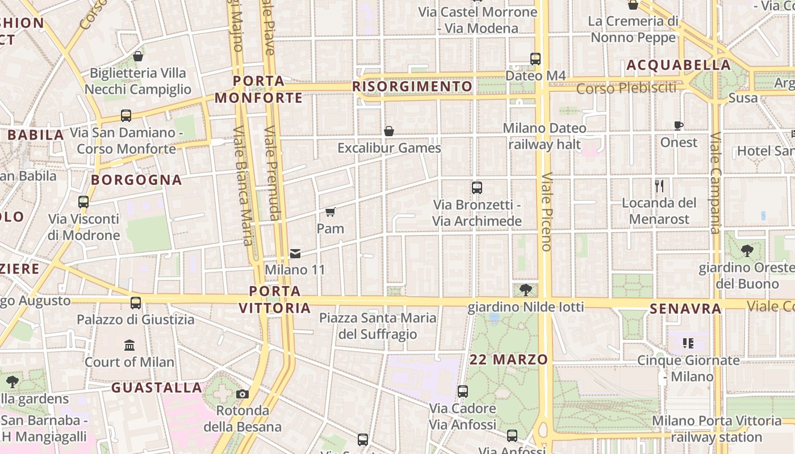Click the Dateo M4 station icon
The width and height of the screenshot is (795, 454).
tap(535, 58)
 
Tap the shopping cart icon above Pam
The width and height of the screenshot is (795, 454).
tap(330, 212)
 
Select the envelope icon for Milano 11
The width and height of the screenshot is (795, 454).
tap(295, 253)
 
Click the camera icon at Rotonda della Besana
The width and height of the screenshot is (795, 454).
tap(242, 394)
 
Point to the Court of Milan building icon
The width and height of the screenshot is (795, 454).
tap(129, 345)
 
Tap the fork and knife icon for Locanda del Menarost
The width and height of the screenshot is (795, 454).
tap(659, 186)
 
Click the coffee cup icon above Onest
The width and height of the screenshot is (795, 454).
tap(678, 125)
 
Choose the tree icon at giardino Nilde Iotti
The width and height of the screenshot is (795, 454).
tap(526, 290)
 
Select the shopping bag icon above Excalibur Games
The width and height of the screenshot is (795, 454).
tap(389, 131)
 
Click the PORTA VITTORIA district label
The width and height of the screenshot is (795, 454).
tap(275, 300)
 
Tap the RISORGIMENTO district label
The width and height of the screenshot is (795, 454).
tap(412, 86)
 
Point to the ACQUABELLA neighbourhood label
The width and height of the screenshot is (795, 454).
tap(679, 65)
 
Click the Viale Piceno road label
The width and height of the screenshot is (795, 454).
tap(546, 211)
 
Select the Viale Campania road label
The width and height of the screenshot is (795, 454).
tap(715, 183)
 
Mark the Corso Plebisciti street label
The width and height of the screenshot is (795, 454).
tap(626, 89)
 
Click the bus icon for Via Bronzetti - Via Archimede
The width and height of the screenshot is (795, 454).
tap(477, 187)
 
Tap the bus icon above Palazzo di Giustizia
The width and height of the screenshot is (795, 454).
tap(135, 303)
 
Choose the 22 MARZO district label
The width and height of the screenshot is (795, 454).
tap(509, 359)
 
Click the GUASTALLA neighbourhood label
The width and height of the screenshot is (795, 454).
tap(157, 388)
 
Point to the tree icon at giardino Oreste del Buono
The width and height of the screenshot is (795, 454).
tap(747, 250)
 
